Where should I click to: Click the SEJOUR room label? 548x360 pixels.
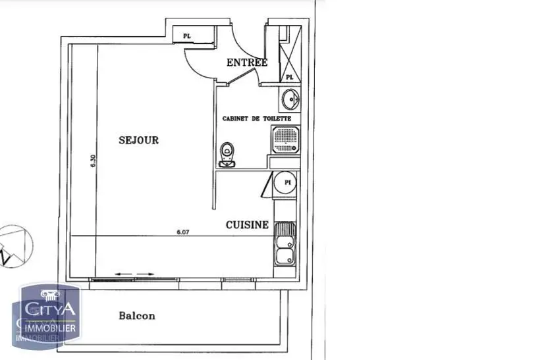coord(138,140)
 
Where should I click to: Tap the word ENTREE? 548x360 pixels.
coord(247,63)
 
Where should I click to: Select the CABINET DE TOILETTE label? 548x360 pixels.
coord(256,118)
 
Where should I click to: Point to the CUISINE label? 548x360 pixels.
coord(247,224)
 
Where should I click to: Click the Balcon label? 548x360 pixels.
coord(137,315)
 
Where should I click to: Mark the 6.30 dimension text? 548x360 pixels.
coord(94,161)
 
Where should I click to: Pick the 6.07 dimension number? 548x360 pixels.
coord(183,232)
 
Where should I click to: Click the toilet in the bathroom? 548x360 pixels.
coord(228,154)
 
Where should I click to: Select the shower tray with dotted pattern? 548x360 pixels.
coord(285,140)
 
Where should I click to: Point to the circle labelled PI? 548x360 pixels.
coord(287,182)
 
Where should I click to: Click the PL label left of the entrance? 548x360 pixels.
coord(187,36)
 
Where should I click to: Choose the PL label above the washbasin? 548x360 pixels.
coord(289,77)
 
